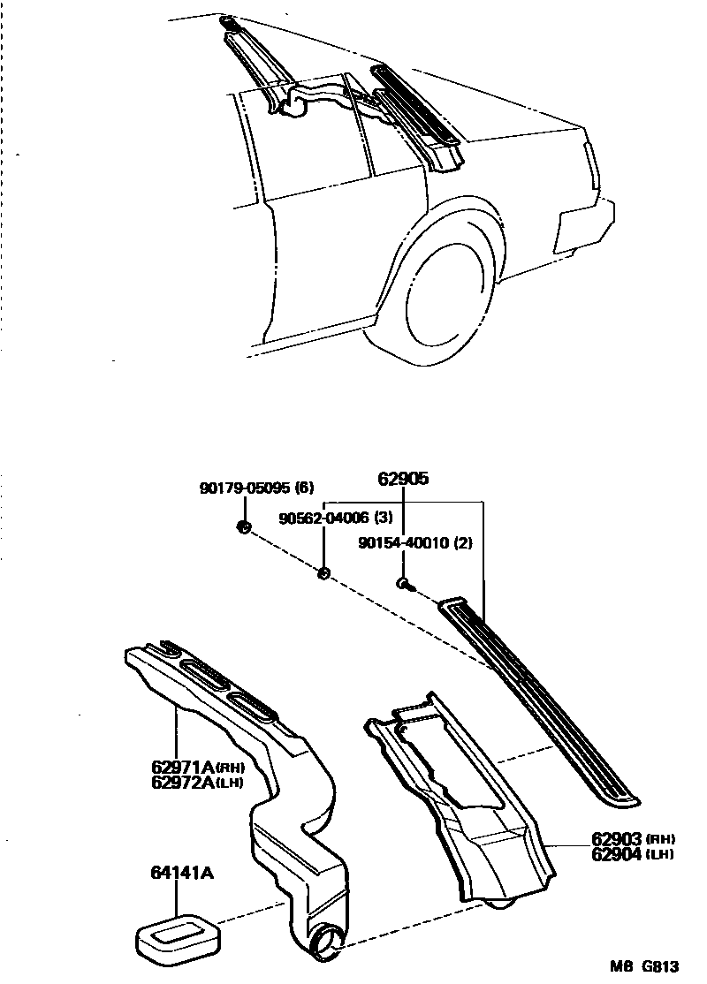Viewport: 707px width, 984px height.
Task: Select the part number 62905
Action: click(403, 479)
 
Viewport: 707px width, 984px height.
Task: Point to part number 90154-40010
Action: click(402, 543)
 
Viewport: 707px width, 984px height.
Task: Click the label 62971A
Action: click(183, 767)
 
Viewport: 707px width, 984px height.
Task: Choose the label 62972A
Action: click(183, 782)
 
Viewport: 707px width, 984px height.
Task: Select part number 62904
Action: click(616, 853)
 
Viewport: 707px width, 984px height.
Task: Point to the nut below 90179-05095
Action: click(244, 527)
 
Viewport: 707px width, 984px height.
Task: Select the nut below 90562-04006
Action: click(323, 573)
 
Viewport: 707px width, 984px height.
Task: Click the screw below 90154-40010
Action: click(404, 585)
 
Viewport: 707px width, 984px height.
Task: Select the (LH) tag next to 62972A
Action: click(230, 783)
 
